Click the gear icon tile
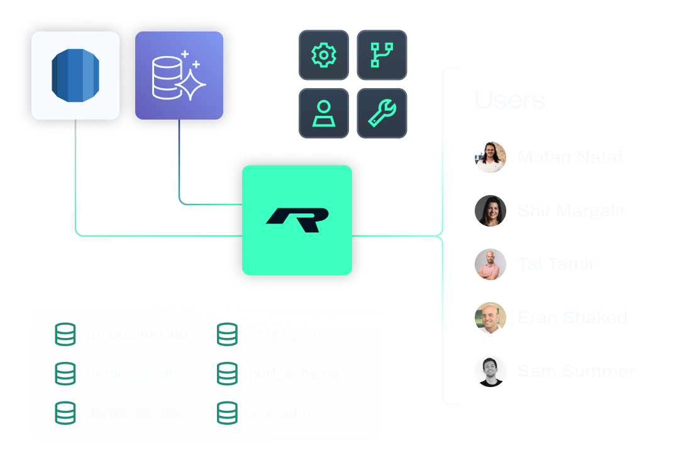coord(324,55)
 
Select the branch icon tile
coord(382,55)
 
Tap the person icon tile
coord(324,113)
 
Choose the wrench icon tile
coord(382,113)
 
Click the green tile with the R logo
coord(297,220)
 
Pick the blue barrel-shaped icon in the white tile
coord(75,76)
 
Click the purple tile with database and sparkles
coord(179,76)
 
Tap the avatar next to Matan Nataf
coord(490,157)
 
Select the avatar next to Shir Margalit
coord(490,211)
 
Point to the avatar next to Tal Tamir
coord(490,264)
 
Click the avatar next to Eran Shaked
coord(490,318)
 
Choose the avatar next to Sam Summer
coord(490,371)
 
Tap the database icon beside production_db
coord(65,334)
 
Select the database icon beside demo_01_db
coord(65,374)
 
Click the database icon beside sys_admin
coord(227,413)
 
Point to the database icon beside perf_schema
coord(227,374)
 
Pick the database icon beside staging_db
coord(227,334)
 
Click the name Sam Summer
coord(576,371)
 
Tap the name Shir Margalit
coord(571,211)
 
